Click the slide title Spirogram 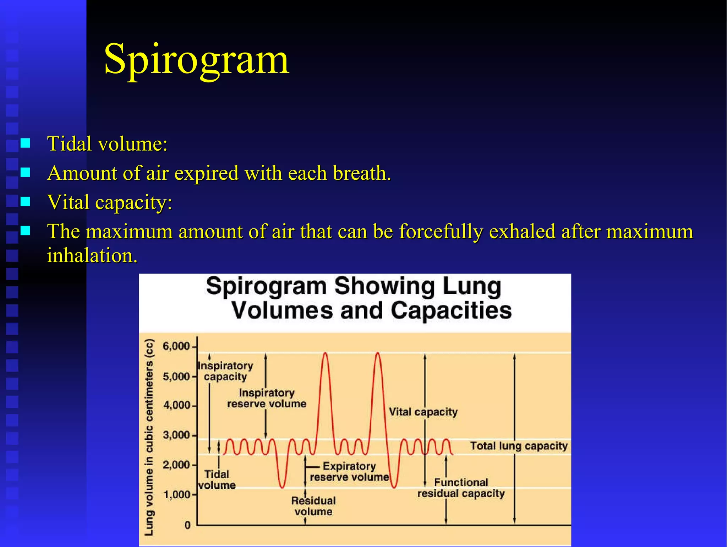[197, 59]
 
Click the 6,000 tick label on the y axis [176, 346]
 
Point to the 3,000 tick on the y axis [176, 435]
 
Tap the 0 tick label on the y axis [187, 525]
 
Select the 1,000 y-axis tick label [176, 494]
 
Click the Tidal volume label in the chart [217, 480]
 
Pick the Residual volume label [313, 506]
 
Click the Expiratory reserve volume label [349, 471]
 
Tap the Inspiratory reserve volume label [267, 398]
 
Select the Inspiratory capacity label [225, 371]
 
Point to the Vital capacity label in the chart [423, 412]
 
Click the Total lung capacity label [519, 446]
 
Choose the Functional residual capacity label [461, 488]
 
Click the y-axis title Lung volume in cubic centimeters [150, 437]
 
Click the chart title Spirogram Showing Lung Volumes [359, 298]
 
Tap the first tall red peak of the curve [325, 353]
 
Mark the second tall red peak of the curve [377, 353]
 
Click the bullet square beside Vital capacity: [25, 202]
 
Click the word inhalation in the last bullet [91, 255]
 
